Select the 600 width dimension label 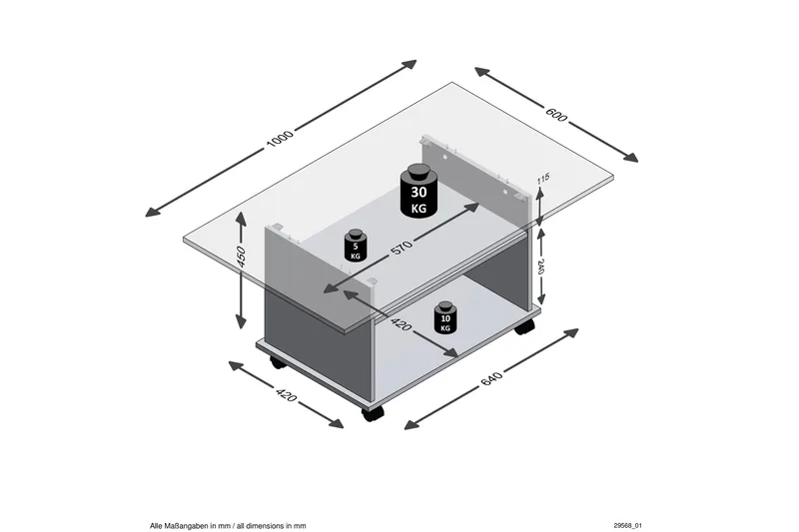pos(555,114)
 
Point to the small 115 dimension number pos(543,180)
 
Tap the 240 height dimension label pos(541,266)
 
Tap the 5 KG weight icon pos(354,246)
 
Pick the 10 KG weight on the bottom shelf pos(444,317)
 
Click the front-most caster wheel pos(374,412)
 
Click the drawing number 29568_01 pos(633,524)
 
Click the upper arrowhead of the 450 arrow pos(240,215)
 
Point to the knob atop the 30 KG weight pos(418,168)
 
